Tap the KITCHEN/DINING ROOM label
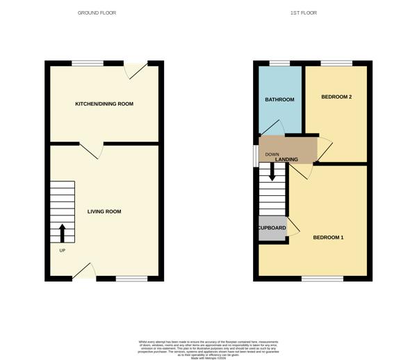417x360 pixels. pos(104,104)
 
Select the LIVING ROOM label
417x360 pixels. pos(104,211)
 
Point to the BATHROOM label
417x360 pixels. pos(279,99)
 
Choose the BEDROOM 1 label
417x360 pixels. pos(328,238)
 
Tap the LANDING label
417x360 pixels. pos(286,160)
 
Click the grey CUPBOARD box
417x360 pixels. pos(272,229)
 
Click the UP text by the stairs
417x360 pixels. pos(62,251)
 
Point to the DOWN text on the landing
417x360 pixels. pos(272,154)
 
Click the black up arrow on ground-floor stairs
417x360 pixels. pos(62,231)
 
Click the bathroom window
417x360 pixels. pos(279,64)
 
